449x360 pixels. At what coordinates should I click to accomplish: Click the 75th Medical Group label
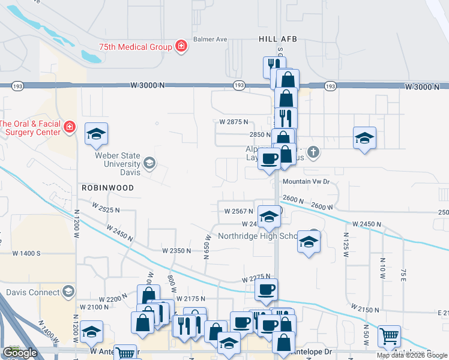click(136, 47)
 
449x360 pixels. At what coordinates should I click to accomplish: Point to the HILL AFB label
click(278, 39)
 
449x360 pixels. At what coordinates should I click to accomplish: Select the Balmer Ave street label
click(210, 40)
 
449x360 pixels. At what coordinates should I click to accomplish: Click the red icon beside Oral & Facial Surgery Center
click(70, 127)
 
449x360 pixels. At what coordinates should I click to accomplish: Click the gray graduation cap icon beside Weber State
click(149, 163)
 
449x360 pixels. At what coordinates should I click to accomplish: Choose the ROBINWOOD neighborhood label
click(107, 188)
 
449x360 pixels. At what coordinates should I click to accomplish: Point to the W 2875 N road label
click(234, 122)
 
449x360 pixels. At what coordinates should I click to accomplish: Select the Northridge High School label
click(258, 236)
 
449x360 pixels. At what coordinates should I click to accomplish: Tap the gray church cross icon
click(312, 151)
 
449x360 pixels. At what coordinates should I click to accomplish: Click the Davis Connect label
click(31, 292)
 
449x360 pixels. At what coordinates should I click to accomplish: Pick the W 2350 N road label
click(176, 250)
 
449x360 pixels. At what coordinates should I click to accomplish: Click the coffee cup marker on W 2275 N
click(266, 290)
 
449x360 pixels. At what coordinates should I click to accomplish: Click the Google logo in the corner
click(20, 353)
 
